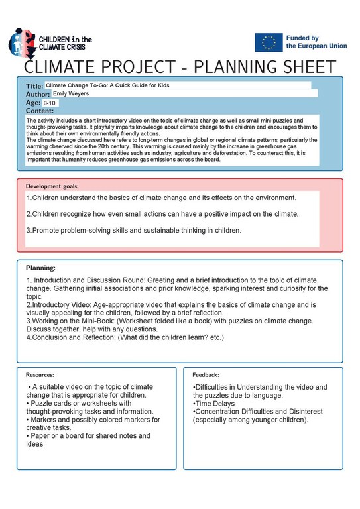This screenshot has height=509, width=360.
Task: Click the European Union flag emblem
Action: pyautogui.click(x=269, y=42)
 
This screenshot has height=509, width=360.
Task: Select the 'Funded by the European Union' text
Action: pyautogui.click(x=316, y=42)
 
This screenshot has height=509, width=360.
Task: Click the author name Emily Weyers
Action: pyautogui.click(x=70, y=94)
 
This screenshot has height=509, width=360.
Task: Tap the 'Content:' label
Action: pyautogui.click(x=39, y=111)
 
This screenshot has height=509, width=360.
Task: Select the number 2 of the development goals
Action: pyautogui.click(x=29, y=214)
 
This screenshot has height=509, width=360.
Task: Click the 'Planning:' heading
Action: pyautogui.click(x=40, y=268)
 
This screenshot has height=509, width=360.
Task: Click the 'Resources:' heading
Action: pyautogui.click(x=40, y=375)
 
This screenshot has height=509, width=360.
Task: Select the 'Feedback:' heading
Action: pyautogui.click(x=206, y=375)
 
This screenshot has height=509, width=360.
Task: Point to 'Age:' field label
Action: pyautogui.click(x=33, y=103)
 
